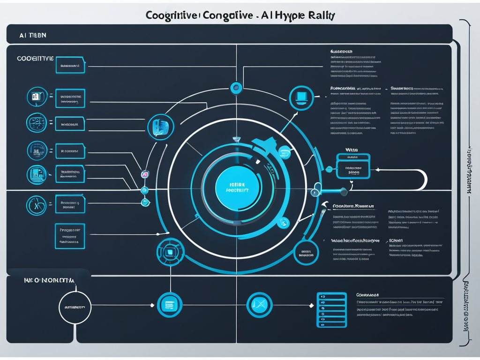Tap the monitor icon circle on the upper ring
(x=301, y=98)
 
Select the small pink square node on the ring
(x=145, y=174)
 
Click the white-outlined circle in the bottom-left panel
(x=75, y=307)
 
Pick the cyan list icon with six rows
(x=331, y=310)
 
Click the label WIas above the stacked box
(x=352, y=150)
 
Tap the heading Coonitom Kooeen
(x=353, y=205)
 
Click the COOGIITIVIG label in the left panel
(x=35, y=59)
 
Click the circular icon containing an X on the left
(x=37, y=204)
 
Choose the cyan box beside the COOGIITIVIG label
(x=70, y=66)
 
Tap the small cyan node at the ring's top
(x=236, y=87)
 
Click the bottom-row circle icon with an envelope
(x=259, y=305)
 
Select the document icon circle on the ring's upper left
(x=161, y=127)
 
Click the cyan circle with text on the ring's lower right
(x=306, y=253)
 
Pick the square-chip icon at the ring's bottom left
(x=170, y=252)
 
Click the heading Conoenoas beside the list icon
(x=367, y=295)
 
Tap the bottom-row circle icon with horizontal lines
(x=169, y=305)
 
